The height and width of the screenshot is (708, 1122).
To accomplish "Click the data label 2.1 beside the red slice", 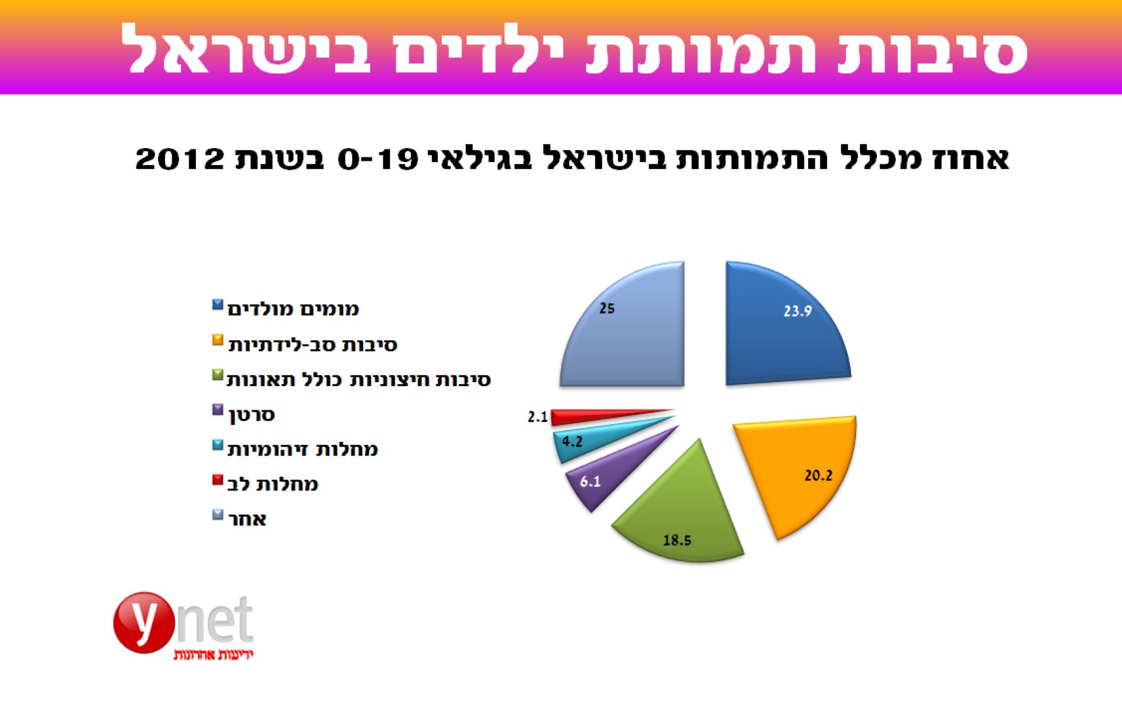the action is (x=537, y=417).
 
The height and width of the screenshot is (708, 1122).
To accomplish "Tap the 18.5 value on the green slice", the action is (x=677, y=540).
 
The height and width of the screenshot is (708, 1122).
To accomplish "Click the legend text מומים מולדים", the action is (x=293, y=309).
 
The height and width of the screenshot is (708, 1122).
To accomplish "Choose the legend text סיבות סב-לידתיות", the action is (x=313, y=345).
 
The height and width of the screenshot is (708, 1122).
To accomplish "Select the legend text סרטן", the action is (x=252, y=416).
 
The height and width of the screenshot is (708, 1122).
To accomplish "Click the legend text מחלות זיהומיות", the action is (x=303, y=450).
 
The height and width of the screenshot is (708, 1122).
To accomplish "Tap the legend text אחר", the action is (x=247, y=519).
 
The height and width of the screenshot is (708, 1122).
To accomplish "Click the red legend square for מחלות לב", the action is (x=218, y=480).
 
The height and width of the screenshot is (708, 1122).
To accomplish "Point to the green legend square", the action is (x=218, y=375).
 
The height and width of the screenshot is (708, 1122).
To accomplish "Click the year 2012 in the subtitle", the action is (x=180, y=159).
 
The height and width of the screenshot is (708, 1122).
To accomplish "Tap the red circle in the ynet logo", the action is (x=144, y=623).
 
